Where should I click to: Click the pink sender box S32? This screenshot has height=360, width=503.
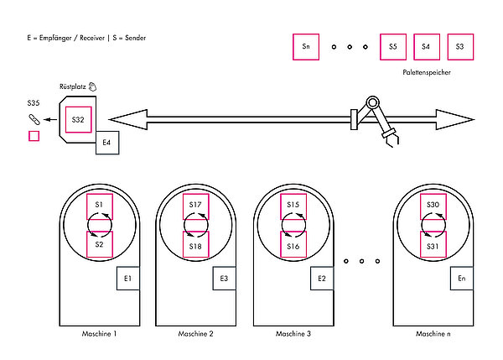click(79, 119)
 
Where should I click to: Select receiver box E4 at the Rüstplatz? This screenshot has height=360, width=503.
click(107, 143)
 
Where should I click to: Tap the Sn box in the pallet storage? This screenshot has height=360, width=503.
click(306, 47)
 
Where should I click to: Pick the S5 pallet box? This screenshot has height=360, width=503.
click(393, 47)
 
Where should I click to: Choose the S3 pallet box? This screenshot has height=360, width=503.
click(460, 47)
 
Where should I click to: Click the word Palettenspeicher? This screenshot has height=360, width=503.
click(427, 72)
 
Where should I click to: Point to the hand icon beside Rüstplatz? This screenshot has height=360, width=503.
click(92, 86)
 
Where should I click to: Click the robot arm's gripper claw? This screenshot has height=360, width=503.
click(392, 138)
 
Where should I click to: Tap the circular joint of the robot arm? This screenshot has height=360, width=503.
click(372, 102)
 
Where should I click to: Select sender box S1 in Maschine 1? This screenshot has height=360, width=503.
click(100, 206)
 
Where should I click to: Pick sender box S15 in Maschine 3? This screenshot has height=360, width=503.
click(293, 206)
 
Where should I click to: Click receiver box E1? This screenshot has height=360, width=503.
click(128, 278)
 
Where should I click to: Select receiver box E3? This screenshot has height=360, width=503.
click(224, 278)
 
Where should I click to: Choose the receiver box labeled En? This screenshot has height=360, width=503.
click(462, 278)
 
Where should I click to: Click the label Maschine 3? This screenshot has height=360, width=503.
click(293, 334)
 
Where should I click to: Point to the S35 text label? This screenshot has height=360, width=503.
click(34, 103)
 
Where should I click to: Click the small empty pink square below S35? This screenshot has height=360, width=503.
click(34, 136)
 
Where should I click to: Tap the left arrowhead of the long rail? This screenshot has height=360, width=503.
click(128, 119)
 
